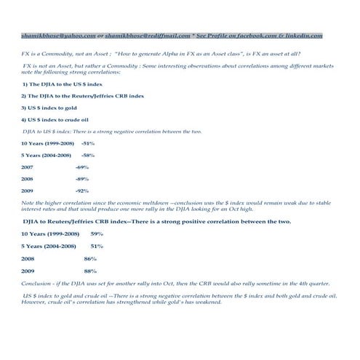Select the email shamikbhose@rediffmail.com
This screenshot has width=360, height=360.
point(148,34)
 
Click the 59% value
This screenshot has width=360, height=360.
point(97,233)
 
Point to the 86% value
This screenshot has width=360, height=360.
point(90,258)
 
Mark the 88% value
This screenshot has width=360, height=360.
point(90,271)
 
